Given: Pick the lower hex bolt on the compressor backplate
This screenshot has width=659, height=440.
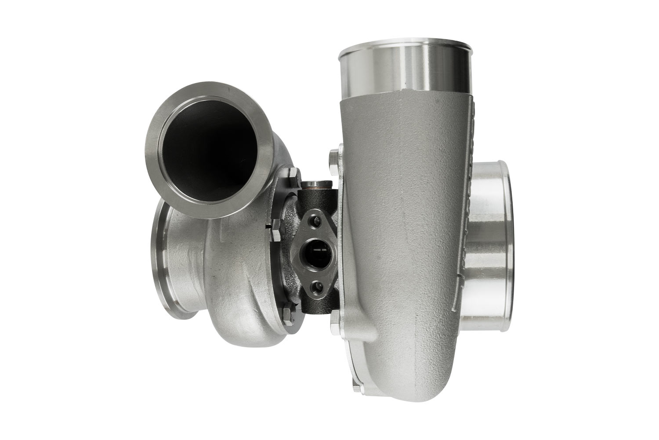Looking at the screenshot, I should (x=334, y=315).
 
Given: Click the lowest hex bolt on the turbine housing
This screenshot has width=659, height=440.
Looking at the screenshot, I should (x=288, y=315).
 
